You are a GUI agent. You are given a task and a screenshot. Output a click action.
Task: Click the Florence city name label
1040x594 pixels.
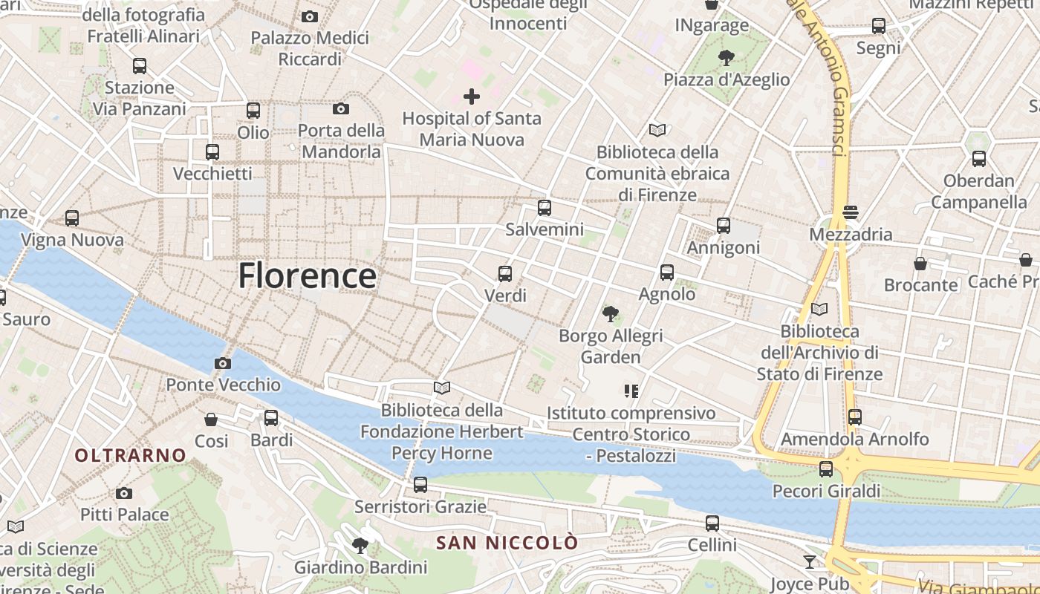click(307, 276)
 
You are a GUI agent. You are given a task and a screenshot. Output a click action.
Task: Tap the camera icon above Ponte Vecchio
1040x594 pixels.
click(222, 363)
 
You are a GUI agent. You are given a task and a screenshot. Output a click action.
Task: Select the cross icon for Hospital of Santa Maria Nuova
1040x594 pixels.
click(472, 97)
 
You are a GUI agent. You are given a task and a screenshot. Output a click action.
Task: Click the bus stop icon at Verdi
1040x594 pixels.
click(505, 274)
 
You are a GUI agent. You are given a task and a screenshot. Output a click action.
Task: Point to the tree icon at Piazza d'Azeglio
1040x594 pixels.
click(727, 57)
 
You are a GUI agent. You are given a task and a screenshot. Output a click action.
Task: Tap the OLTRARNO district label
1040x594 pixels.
click(130, 455)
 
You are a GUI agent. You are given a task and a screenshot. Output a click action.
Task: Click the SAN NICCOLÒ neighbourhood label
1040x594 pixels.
click(507, 543)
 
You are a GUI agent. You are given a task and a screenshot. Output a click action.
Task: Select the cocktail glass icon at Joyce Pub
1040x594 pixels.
click(810, 561)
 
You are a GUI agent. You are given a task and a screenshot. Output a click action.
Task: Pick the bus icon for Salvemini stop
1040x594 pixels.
click(545, 208)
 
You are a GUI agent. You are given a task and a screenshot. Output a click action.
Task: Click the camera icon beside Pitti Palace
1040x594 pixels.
click(124, 493)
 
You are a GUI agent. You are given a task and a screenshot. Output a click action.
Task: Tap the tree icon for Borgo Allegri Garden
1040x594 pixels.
click(611, 314)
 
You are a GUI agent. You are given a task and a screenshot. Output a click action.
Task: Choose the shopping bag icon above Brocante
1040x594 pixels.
click(920, 264)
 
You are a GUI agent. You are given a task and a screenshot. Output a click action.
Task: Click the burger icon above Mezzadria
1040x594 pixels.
click(851, 212)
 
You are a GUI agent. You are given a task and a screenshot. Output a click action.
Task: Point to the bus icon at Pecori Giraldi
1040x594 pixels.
click(826, 469)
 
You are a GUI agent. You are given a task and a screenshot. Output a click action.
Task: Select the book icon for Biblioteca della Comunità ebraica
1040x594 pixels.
click(657, 131)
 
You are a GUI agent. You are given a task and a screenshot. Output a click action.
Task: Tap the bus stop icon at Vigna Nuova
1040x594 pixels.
click(72, 218)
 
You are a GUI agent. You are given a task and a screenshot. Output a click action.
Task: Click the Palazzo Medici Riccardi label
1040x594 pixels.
click(310, 48)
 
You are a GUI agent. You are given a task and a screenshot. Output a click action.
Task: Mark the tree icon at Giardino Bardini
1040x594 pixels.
click(360, 546)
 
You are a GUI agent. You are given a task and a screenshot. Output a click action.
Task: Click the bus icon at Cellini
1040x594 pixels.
click(712, 523)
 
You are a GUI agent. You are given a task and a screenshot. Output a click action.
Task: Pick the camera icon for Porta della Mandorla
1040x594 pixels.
click(341, 109)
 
